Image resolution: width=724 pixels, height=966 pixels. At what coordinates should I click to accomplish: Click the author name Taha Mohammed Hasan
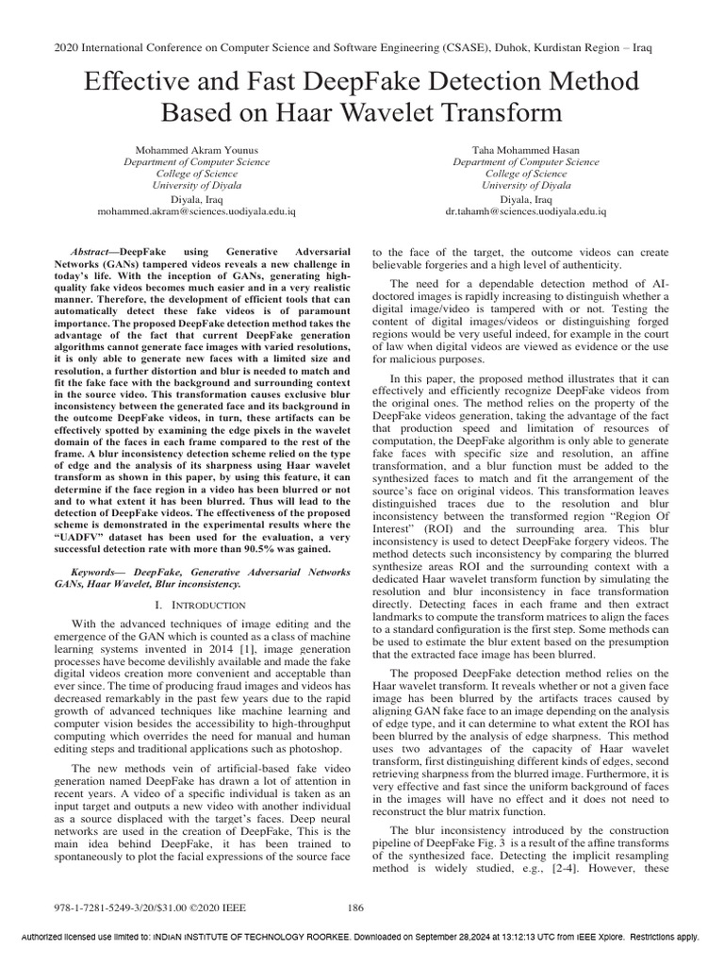click(x=525, y=149)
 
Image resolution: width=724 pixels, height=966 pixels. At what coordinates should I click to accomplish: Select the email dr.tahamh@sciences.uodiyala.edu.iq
click(x=525, y=213)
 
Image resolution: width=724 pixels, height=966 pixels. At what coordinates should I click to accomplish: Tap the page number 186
click(x=355, y=908)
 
